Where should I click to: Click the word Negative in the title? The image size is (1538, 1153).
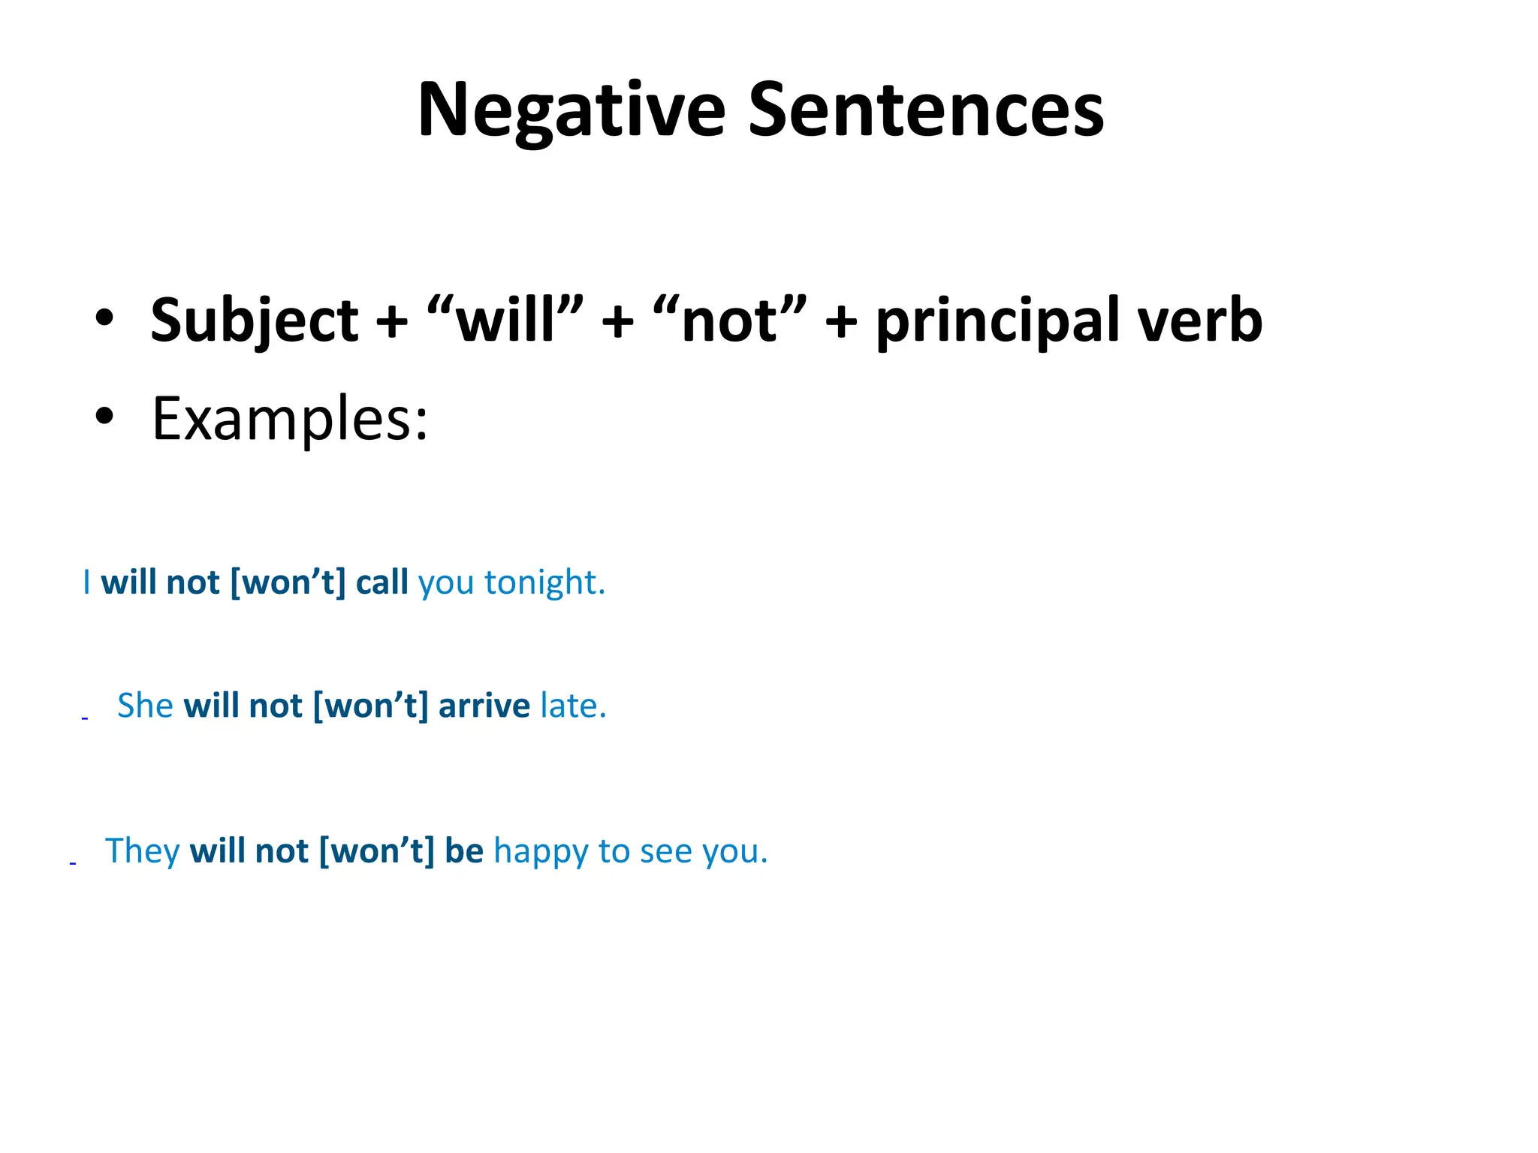point(571,110)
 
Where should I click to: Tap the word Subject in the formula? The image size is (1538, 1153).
point(255,321)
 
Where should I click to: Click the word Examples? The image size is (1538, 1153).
point(290,419)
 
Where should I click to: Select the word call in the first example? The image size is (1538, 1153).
point(381,583)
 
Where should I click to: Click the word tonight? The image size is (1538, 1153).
point(544,583)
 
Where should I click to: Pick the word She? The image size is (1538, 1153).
point(145,706)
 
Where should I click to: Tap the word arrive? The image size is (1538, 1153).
point(484,706)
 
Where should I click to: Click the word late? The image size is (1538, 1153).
point(573,706)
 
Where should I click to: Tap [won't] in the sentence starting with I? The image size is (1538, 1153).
point(288,583)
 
